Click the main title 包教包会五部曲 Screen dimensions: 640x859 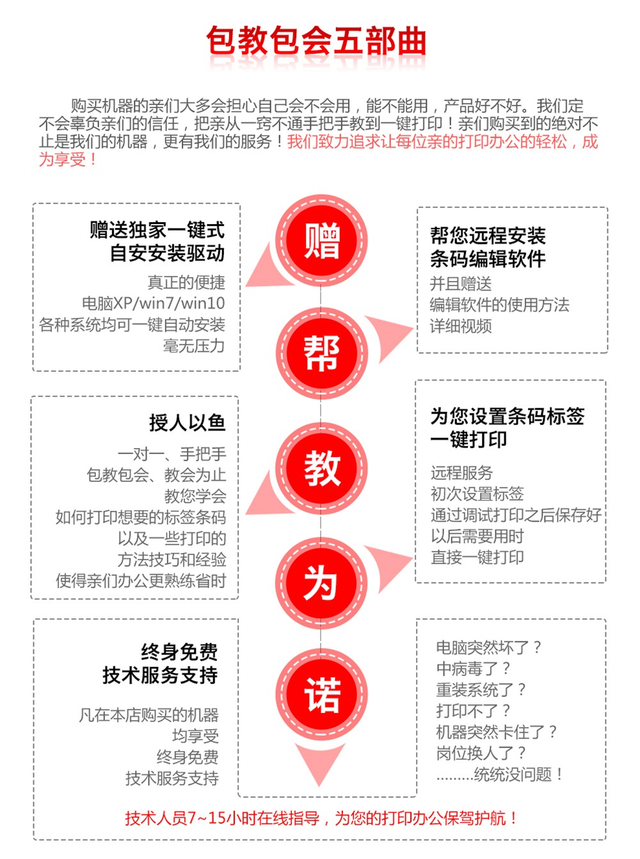pyautogui.click(x=316, y=41)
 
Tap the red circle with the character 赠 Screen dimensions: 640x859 pyautogui.click(x=321, y=241)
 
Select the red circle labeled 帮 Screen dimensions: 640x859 pyautogui.click(x=321, y=353)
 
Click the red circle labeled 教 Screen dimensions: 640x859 pyautogui.click(x=321, y=469)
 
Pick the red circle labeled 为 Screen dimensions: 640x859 pyautogui.click(x=321, y=583)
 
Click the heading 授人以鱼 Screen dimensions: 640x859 pyautogui.click(x=188, y=422)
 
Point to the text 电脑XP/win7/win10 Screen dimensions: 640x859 pyautogui.click(x=154, y=303)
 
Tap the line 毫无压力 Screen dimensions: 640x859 pyautogui.click(x=194, y=346)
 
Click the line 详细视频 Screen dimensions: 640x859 pyautogui.click(x=461, y=326)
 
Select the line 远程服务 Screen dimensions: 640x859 pyautogui.click(x=462, y=473)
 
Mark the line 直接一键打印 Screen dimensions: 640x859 pyautogui.click(x=477, y=558)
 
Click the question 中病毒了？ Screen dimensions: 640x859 pyautogui.click(x=473, y=668)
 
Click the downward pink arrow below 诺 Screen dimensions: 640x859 pyautogui.click(x=319, y=763)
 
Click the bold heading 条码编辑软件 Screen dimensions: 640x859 pyautogui.click(x=488, y=259)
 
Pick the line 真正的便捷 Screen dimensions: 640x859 pyautogui.click(x=186, y=282)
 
